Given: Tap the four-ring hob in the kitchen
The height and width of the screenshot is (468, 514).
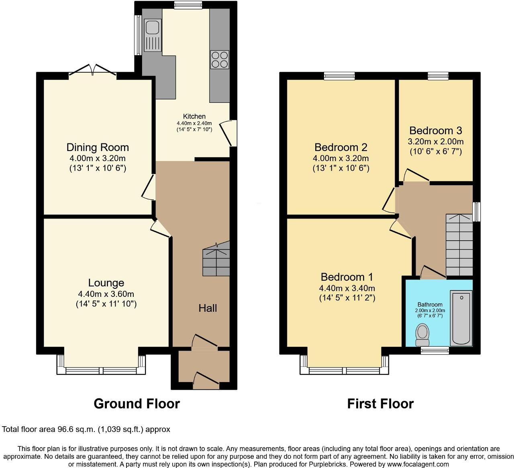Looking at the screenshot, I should (x=219, y=59).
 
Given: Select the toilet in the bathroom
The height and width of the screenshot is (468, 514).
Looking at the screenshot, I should (x=422, y=335).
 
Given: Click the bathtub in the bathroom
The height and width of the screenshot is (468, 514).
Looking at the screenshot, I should (x=461, y=318).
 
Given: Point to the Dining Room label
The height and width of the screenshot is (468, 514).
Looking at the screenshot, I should (x=98, y=147).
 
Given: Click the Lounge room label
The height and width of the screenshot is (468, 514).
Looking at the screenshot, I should (x=106, y=283).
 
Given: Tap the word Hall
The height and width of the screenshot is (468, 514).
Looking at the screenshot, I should (x=208, y=308).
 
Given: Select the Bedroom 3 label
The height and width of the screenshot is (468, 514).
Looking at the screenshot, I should (x=435, y=131).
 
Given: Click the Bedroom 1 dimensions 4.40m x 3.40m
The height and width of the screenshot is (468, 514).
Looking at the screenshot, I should (x=347, y=288).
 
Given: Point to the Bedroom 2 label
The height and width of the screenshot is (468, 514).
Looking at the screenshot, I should (x=341, y=147).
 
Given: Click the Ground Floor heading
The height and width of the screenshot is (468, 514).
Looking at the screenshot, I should (x=137, y=403).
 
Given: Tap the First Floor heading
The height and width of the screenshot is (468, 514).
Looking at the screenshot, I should (x=380, y=403).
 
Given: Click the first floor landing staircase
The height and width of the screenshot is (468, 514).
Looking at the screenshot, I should (x=459, y=245).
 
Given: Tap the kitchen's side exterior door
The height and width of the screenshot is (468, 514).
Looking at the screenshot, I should (x=231, y=133).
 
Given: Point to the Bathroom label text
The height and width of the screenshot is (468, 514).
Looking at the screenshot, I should (x=430, y=305).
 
